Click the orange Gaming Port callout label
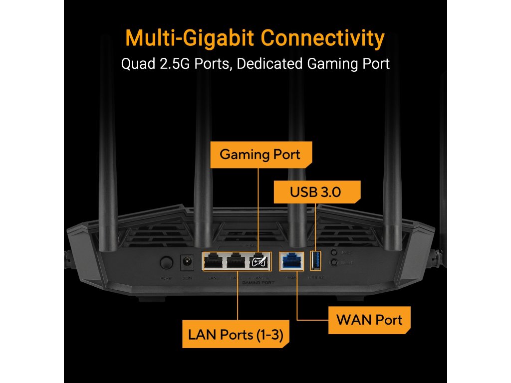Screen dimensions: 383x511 (x=260, y=155)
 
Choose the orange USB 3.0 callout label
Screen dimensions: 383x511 (x=315, y=191)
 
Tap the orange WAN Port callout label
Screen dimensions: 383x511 (x=369, y=320)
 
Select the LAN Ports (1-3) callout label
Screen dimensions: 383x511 (x=236, y=335)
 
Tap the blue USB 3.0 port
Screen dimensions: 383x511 (x=316, y=260)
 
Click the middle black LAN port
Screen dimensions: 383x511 (x=236, y=261)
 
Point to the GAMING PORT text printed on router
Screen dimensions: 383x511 (x=257, y=283)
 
